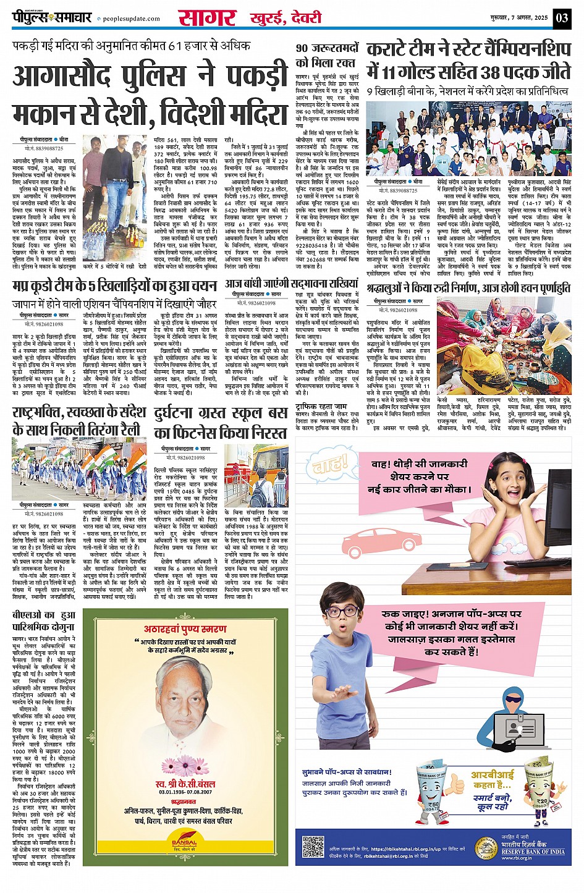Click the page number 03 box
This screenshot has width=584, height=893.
[561, 17]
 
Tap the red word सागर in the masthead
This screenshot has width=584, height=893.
[206, 17]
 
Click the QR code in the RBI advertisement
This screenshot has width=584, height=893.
[313, 847]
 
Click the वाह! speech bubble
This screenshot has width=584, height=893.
[331, 464]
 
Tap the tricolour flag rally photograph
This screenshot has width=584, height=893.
[78, 468]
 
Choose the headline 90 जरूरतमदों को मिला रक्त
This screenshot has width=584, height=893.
[327, 55]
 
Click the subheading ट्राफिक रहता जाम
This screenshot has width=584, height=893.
[321, 407]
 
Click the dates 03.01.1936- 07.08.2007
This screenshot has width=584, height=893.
[185, 792]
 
